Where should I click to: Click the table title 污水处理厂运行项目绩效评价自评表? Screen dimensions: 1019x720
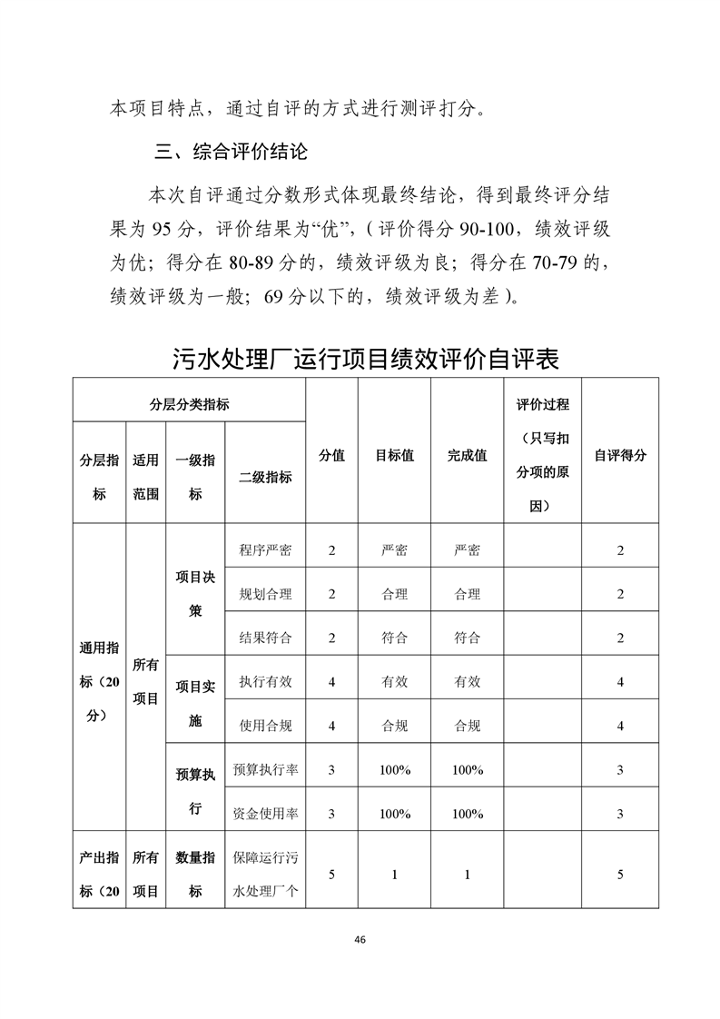point(365,358)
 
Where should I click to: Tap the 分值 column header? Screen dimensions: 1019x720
point(331,455)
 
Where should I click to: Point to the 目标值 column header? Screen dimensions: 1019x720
point(395,455)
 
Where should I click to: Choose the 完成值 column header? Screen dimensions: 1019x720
point(467,455)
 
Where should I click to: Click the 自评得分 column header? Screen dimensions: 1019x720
point(620,455)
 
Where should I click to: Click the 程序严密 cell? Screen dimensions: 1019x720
point(265,550)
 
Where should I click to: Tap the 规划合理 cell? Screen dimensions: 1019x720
point(265,594)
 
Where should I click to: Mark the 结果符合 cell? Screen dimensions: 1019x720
point(265,638)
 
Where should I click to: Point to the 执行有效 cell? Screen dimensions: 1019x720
point(265,682)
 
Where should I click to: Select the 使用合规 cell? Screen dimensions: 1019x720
point(265,726)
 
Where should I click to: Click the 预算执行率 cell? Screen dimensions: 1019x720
point(265,770)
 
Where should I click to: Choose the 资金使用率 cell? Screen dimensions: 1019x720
point(265,814)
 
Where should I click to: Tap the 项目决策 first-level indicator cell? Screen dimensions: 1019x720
point(195,593)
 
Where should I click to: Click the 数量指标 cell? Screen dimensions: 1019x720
point(195,874)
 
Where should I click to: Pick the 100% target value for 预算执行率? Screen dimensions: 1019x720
point(395,770)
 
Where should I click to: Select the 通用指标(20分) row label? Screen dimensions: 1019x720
point(99,681)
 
